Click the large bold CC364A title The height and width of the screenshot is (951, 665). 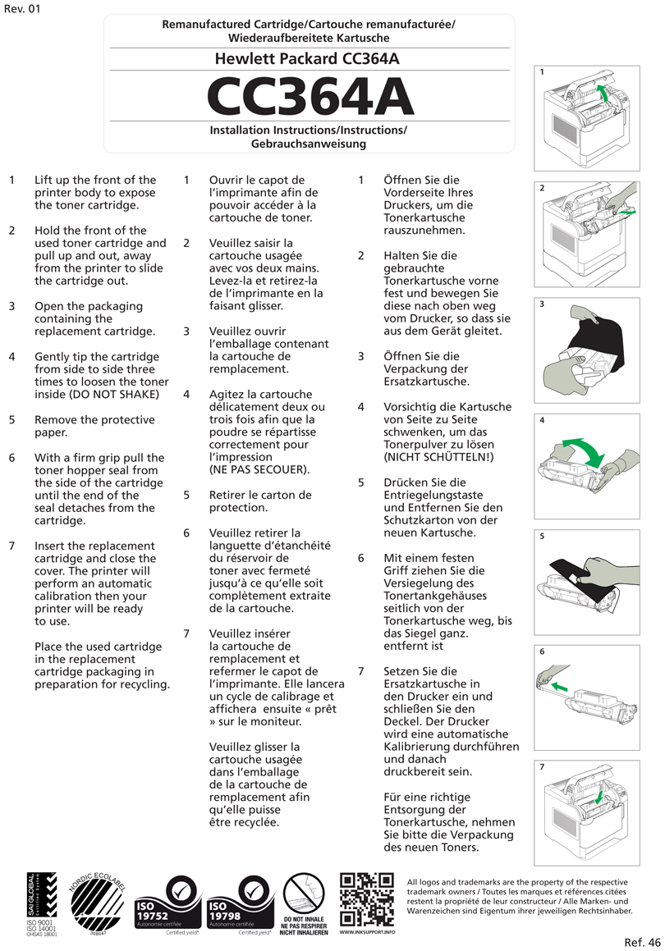click(309, 97)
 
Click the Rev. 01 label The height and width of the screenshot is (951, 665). click(22, 9)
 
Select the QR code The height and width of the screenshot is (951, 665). click(366, 900)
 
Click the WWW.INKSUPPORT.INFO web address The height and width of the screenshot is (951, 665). click(366, 933)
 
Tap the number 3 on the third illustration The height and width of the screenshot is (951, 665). click(543, 304)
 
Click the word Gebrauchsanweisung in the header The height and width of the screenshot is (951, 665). click(308, 144)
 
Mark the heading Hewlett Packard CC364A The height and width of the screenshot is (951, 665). click(308, 59)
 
